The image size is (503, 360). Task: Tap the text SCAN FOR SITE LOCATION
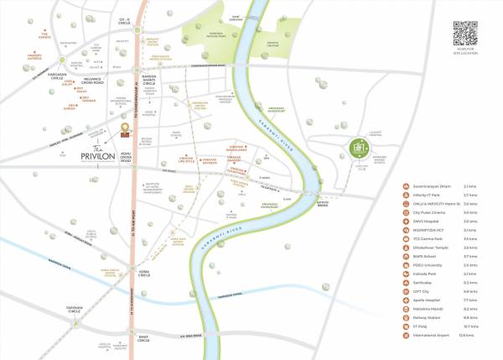pos(466,54)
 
